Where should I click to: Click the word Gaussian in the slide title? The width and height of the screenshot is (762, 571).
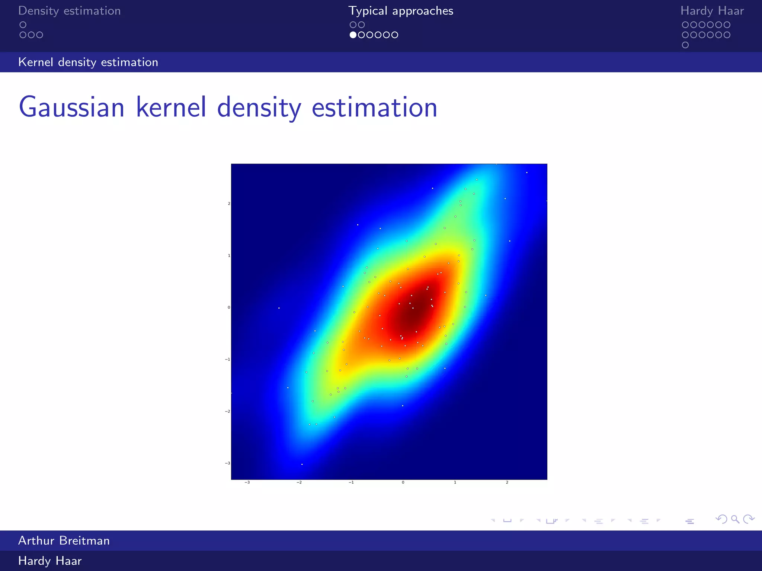[x=71, y=107]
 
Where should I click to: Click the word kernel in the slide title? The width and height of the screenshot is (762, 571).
[x=171, y=107]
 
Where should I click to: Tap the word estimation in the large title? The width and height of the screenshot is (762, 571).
[x=374, y=107]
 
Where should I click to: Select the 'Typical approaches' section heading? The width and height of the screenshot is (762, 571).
[x=401, y=11]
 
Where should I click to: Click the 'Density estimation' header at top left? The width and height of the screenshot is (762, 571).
[x=70, y=11]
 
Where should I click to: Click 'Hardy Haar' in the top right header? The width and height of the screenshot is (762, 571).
[x=712, y=11]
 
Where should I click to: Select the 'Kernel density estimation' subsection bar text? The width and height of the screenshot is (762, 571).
[x=88, y=62]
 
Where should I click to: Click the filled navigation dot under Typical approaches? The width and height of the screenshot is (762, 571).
[x=353, y=35]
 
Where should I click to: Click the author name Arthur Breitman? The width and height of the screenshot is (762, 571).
[x=64, y=541]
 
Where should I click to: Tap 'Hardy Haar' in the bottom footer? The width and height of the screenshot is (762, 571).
[x=50, y=561]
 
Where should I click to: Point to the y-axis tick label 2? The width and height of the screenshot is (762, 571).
[x=229, y=204]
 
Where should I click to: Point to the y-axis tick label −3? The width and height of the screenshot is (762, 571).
[x=227, y=463]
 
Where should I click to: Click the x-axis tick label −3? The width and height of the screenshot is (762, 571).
[x=247, y=483]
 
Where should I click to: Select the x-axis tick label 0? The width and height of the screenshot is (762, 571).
[x=403, y=483]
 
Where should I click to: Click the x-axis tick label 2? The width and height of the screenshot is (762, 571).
[x=507, y=483]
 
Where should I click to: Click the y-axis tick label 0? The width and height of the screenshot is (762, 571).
[x=229, y=307]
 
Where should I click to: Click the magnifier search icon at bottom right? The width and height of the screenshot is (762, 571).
[x=735, y=519]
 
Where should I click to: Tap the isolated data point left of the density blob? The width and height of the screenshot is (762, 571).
[x=279, y=308]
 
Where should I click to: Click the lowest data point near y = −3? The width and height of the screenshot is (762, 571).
[x=302, y=464]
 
